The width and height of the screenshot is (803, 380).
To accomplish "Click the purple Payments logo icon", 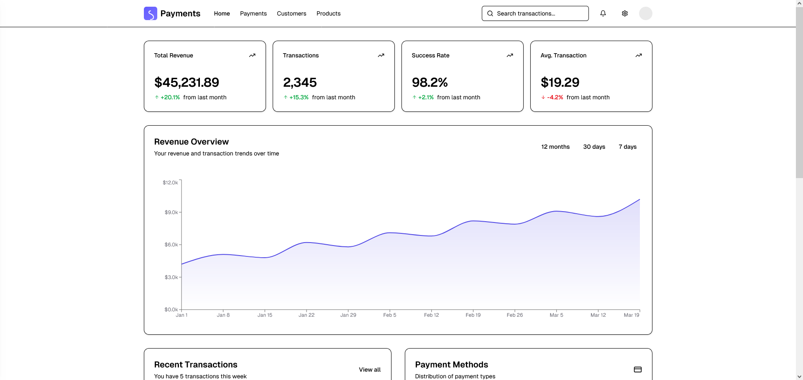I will click(x=150, y=13).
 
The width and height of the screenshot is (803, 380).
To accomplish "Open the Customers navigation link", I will click(x=292, y=13).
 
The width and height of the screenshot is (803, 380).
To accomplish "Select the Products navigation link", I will click(x=328, y=13).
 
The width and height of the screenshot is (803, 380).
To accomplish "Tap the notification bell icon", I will click(x=603, y=13).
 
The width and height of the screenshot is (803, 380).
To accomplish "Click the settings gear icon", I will click(x=624, y=13).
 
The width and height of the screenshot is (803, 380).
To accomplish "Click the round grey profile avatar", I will click(x=645, y=13).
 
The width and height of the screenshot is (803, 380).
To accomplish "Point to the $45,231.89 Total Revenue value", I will click(x=187, y=83).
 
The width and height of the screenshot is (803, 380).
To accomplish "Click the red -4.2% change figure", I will click(x=555, y=97).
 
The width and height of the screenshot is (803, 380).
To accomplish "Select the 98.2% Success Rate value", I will click(x=430, y=83).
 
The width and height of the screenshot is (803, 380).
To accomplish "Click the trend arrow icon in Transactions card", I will click(x=381, y=55).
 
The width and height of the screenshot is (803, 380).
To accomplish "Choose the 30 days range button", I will click(x=594, y=147).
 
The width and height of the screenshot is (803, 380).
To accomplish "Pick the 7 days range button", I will click(x=627, y=147).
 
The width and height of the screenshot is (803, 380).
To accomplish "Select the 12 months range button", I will click(x=555, y=147).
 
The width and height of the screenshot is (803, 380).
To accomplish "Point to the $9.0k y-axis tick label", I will click(x=171, y=212).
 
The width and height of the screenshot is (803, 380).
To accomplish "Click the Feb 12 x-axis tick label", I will click(x=431, y=315).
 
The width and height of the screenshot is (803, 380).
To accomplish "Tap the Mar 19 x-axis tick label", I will click(x=631, y=315).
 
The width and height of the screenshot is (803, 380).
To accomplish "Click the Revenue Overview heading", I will click(x=191, y=142).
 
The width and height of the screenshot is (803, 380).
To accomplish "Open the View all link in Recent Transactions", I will click(x=369, y=370).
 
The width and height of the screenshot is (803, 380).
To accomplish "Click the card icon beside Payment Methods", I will click(x=637, y=370).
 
